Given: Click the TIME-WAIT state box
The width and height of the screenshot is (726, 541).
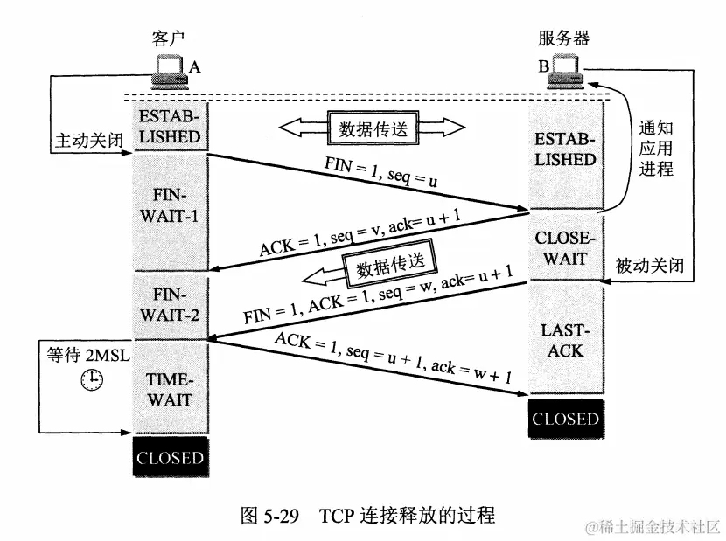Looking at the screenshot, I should pos(170,389).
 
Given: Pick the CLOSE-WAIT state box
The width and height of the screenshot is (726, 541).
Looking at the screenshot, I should pos(565,246).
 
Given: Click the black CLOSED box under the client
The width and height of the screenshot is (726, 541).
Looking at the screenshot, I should pos(170,458).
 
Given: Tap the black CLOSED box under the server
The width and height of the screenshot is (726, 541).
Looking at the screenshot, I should pos(565,419).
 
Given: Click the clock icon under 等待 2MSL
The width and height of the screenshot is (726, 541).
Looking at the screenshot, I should pos(91,380).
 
